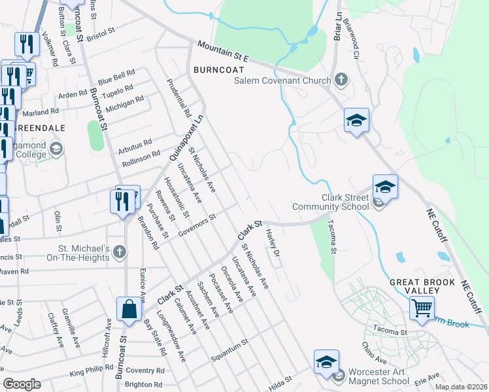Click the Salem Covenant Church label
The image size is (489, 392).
283,81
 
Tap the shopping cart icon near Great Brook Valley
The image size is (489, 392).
422,306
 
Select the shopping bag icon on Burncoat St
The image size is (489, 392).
129,309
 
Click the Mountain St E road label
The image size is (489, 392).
224,51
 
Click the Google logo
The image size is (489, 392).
22,384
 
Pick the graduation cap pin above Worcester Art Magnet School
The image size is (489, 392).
326,363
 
